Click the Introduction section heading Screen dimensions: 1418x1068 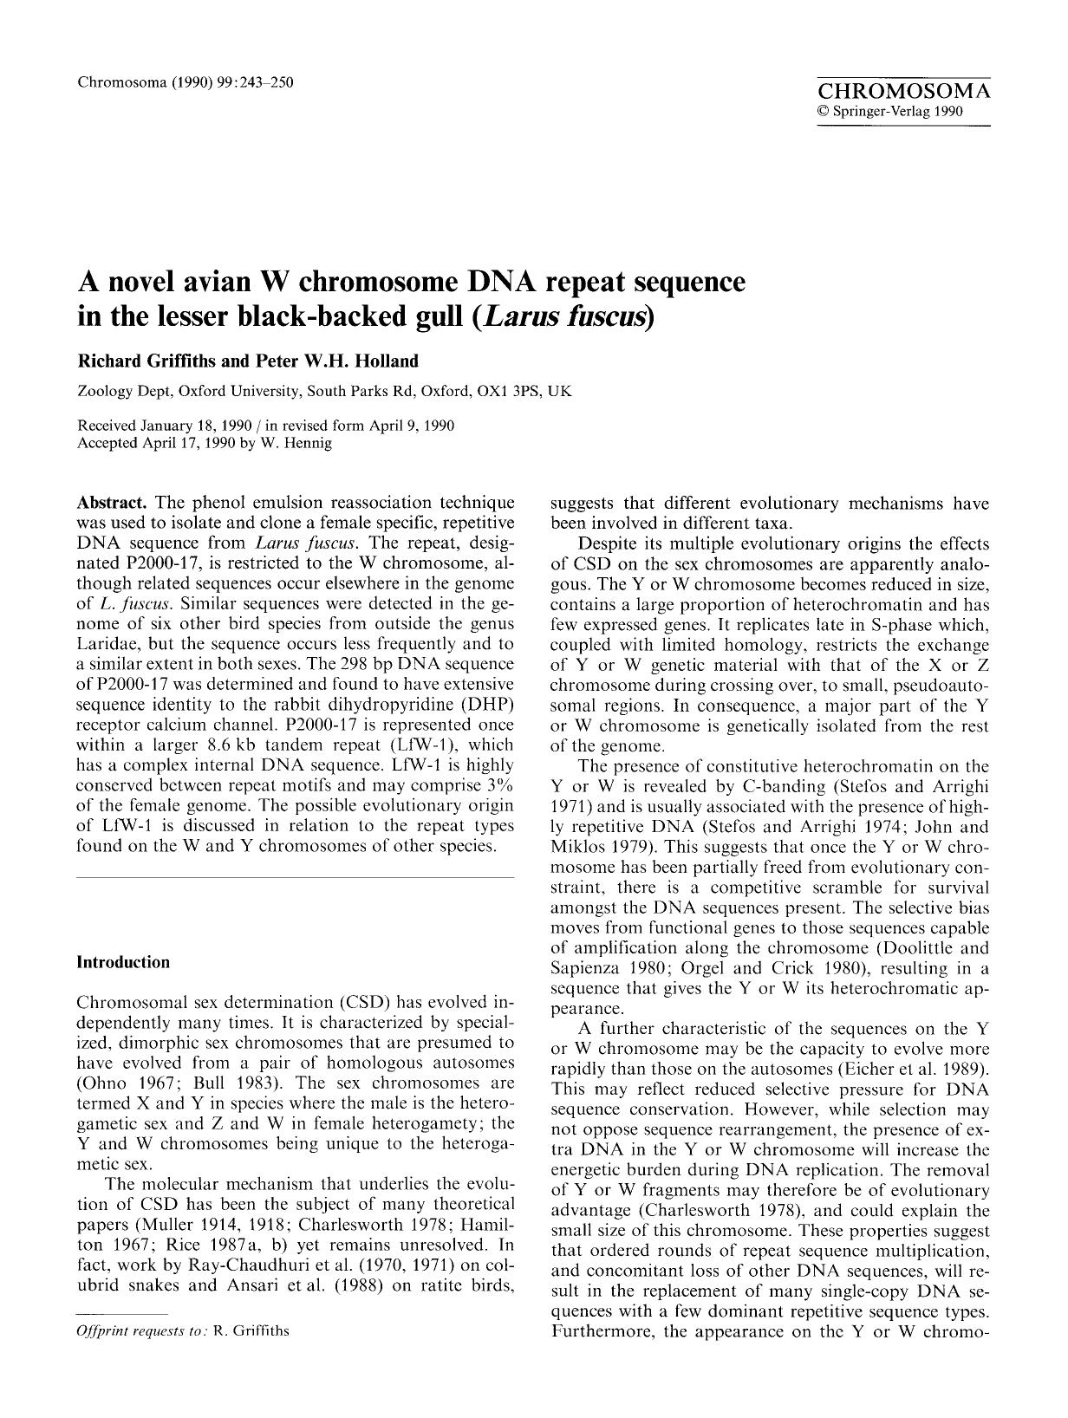click(123, 962)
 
